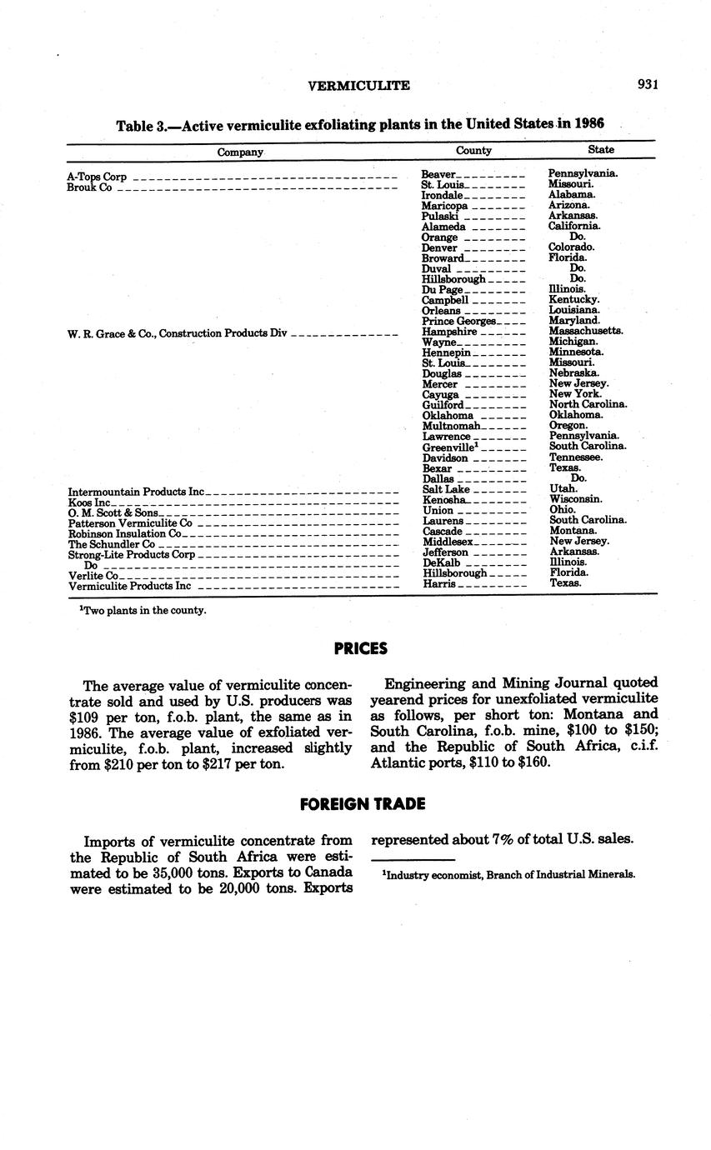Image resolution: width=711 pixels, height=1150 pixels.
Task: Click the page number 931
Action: click(x=648, y=84)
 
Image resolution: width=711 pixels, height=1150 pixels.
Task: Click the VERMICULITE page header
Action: click(x=358, y=85)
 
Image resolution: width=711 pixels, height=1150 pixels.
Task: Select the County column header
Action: click(x=473, y=150)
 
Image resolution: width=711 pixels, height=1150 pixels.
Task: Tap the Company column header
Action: click(x=240, y=152)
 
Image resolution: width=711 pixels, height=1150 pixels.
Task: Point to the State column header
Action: click(x=600, y=150)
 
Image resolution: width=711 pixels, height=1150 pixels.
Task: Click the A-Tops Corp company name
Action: click(x=97, y=177)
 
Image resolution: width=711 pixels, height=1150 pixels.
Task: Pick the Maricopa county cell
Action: click(x=444, y=205)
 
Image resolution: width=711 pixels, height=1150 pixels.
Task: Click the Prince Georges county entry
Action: click(x=458, y=321)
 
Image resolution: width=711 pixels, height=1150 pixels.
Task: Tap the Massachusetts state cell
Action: click(x=585, y=331)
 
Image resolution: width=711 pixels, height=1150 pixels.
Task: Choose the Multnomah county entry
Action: click(x=450, y=426)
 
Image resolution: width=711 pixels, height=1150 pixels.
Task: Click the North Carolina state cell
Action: click(x=588, y=404)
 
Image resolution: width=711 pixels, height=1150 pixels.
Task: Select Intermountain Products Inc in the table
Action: click(x=136, y=492)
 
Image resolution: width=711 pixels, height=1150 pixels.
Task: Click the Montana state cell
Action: click(x=573, y=531)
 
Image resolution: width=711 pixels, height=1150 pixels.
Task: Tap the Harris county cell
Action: click(x=439, y=583)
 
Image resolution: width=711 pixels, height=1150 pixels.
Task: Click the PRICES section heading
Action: click(x=360, y=647)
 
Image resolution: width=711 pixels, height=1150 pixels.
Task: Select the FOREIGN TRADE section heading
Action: click(x=362, y=804)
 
